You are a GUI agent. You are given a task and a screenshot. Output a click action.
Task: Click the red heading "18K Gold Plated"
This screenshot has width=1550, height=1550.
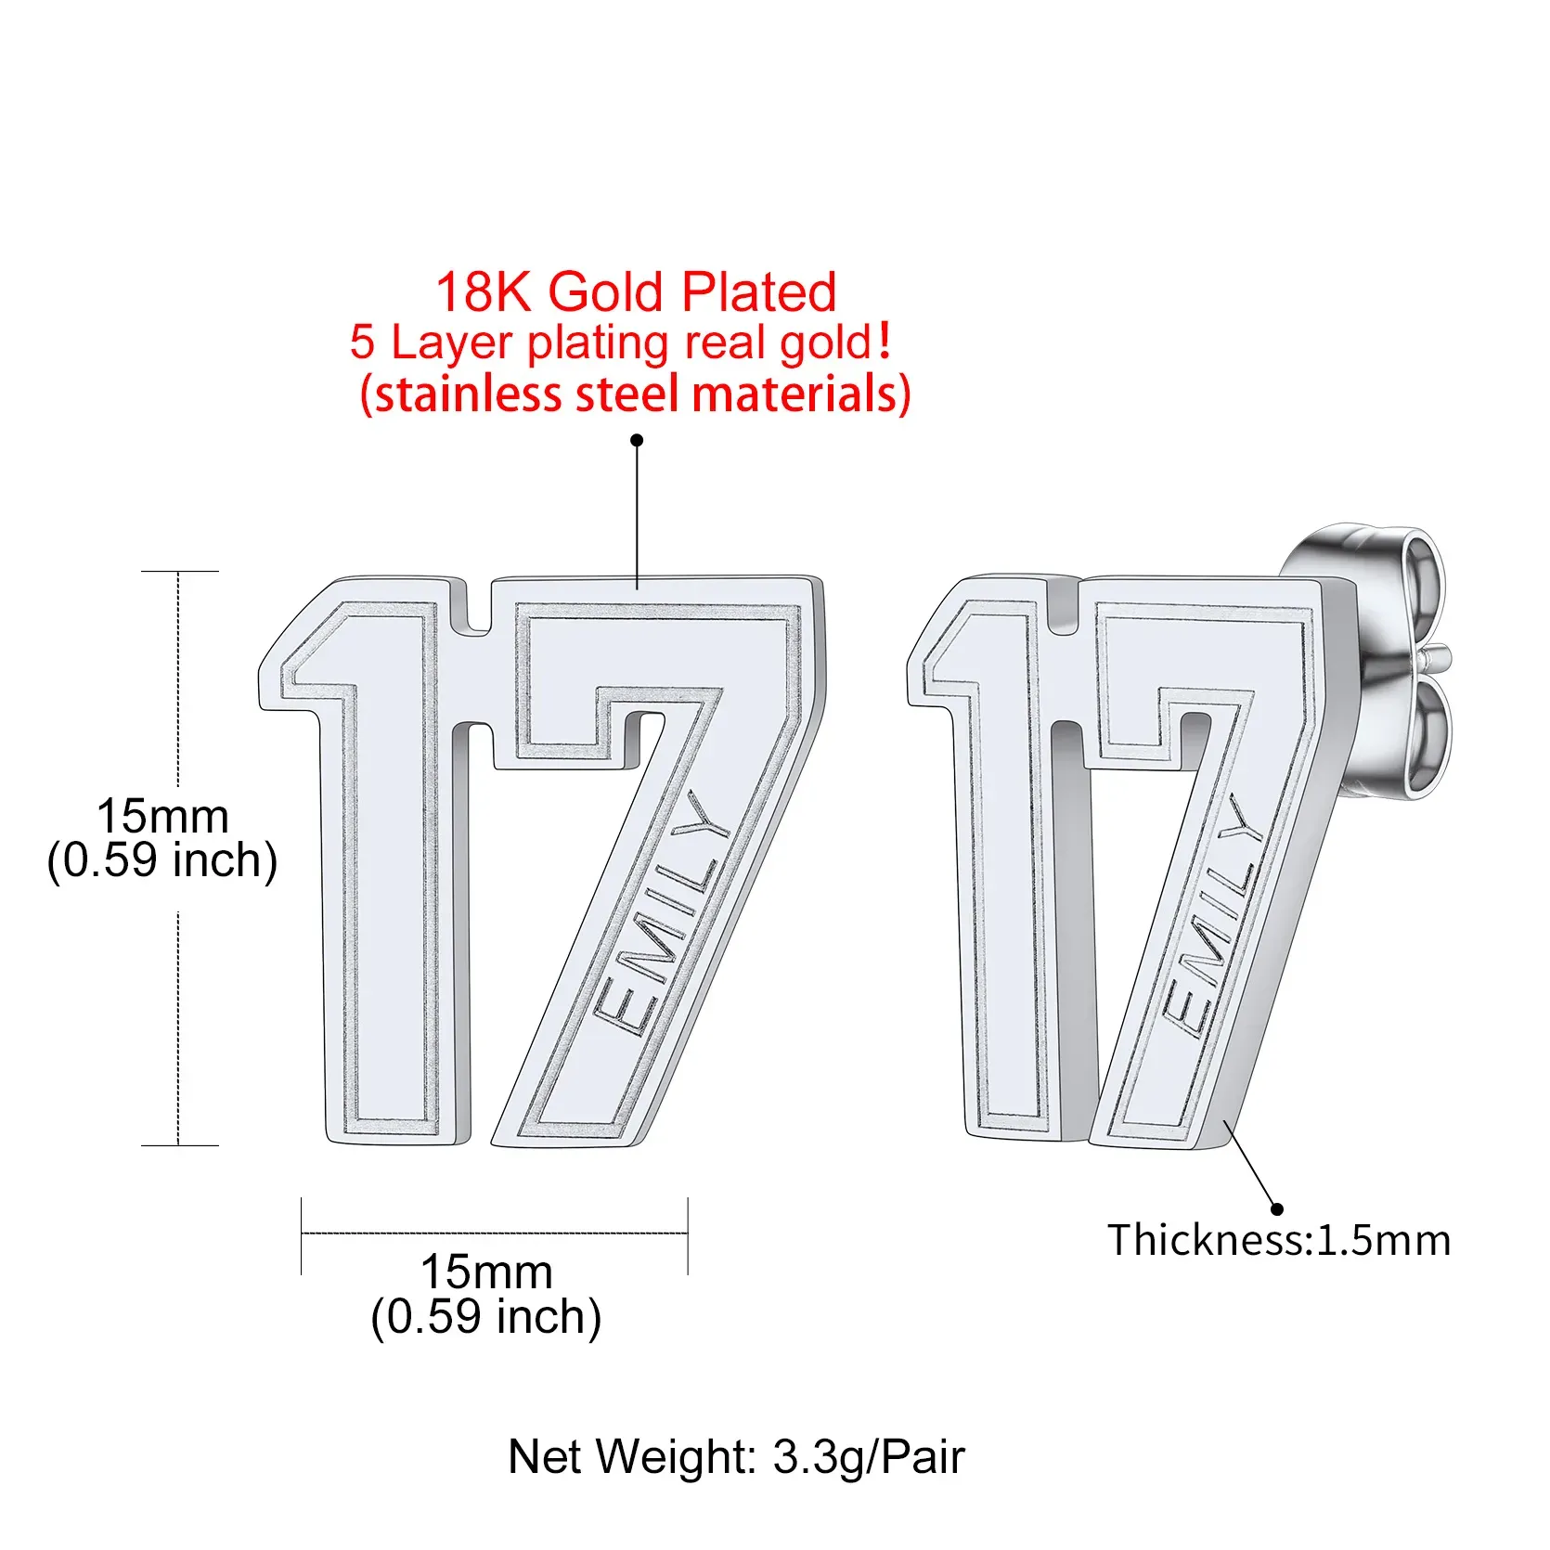(636, 292)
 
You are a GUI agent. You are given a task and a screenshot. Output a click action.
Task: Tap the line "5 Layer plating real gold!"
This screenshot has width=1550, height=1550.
(621, 342)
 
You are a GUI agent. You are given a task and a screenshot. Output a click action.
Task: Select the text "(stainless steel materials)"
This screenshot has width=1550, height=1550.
(636, 394)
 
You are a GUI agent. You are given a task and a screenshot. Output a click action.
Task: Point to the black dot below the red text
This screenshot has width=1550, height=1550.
(637, 440)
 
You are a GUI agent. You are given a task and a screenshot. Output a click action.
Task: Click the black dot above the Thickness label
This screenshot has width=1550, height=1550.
(1277, 1208)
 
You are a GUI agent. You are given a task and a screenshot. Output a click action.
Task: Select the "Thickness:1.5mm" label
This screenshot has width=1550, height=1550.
(1279, 1240)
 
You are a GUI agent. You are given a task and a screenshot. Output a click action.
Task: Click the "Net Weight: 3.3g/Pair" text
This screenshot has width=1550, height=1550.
(736, 1456)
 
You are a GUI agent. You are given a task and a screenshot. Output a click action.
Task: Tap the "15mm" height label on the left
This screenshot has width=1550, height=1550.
(162, 817)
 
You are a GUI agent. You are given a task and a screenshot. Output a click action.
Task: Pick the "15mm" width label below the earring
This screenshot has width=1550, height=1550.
(486, 1272)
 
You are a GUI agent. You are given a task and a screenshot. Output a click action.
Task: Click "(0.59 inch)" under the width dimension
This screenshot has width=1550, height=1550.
(486, 1317)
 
